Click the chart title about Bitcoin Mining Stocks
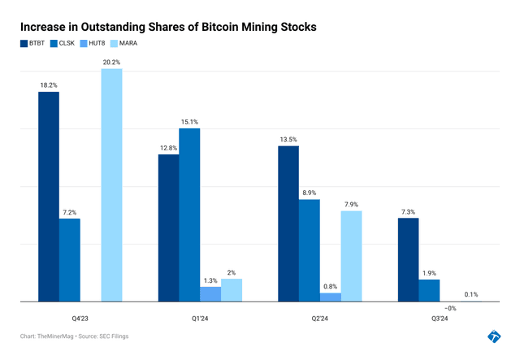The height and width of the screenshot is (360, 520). tap(168, 27)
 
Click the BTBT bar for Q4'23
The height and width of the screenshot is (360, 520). tap(49, 197)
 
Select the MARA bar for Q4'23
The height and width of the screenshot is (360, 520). tap(112, 185)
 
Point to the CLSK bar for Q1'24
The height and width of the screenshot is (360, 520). tap(189, 215)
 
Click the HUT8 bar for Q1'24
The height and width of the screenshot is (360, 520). tap(210, 294)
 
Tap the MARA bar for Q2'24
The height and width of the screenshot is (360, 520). tap(351, 256)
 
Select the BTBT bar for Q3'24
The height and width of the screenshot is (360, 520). tap(408, 260)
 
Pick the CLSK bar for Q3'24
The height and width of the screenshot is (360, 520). tap(429, 291)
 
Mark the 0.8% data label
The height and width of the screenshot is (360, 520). tap(330, 285)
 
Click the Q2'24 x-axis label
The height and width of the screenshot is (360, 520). tap(319, 319)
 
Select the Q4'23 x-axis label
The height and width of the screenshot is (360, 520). tap(80, 319)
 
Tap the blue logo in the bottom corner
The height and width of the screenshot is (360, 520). tap(494, 336)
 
